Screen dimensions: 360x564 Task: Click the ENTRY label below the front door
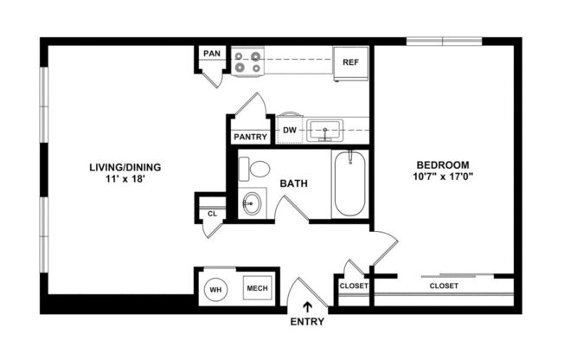coord(308,322)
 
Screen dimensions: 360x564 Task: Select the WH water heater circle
coord(215,289)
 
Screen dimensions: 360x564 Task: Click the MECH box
coord(256,289)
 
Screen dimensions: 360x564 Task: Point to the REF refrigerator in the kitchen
coord(350,62)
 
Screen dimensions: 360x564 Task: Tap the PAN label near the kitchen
coord(212,54)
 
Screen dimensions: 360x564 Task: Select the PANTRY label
coord(250,137)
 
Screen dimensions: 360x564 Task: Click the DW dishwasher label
coord(290,132)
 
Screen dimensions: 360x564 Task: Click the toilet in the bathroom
coord(254,168)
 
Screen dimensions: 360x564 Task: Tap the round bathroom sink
coord(251,204)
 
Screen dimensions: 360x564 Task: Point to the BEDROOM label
coord(442,164)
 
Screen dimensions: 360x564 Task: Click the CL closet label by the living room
coord(212,213)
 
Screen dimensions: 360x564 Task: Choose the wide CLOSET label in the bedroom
coord(443,285)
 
